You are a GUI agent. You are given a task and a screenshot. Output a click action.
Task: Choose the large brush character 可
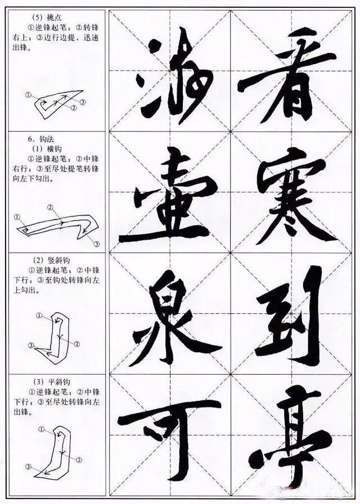click(x=169, y=436)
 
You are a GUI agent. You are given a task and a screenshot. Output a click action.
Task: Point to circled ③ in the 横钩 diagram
click(x=96, y=244)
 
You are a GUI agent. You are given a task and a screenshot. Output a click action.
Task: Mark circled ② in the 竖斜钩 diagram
click(x=77, y=344)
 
